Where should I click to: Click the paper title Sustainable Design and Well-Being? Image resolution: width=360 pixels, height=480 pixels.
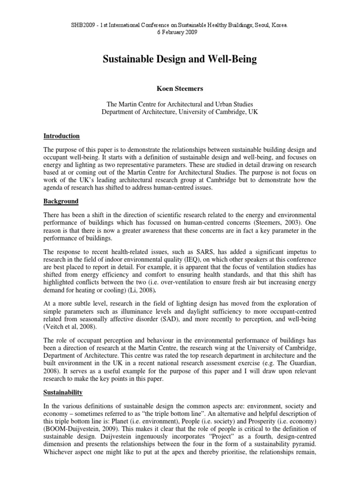pos(180,60)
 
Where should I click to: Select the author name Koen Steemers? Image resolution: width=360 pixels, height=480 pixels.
pos(180,87)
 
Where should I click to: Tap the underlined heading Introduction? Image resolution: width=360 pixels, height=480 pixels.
pos(61,136)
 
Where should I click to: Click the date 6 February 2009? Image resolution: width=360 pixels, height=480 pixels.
pos(180,32)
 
